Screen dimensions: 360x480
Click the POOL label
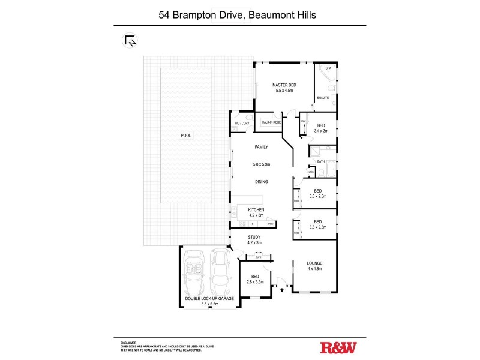[x=186, y=136]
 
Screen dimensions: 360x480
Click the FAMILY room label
[x=261, y=147]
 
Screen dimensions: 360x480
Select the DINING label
[x=261, y=181]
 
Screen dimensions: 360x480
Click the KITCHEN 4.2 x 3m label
[x=256, y=212]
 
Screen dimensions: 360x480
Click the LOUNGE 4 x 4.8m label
[x=315, y=266]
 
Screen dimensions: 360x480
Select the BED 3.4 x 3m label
[x=322, y=128]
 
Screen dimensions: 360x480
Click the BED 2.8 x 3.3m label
[x=254, y=279]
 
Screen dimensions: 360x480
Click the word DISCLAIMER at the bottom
[x=128, y=341]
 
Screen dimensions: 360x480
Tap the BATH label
[x=321, y=161]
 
